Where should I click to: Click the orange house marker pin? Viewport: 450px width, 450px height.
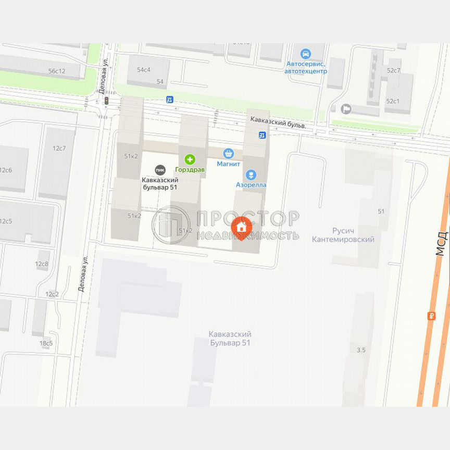pos(242,227)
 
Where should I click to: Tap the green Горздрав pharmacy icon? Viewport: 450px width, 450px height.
pos(190,159)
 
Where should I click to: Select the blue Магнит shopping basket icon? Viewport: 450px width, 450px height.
pos(228,153)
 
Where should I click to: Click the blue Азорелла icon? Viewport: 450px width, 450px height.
pos(251,174)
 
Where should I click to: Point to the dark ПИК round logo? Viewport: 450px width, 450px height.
pos(160,170)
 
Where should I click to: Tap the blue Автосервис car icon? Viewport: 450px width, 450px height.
pos(306,54)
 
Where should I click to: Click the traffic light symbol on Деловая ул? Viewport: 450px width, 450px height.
pos(106,101)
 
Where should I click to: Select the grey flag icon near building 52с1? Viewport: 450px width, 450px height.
pos(345,109)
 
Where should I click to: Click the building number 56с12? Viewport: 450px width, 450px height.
pos(57,71)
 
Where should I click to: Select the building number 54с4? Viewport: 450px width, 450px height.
pos(144,69)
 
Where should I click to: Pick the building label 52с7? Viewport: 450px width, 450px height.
pos(393,70)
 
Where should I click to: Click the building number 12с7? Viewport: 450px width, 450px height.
pos(59,148)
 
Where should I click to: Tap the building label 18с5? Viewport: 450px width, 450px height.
pos(46,343)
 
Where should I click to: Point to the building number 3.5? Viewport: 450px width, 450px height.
pos(361,350)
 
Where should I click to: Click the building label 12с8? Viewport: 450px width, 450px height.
pos(42,264)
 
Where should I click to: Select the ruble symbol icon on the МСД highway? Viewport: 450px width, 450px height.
pos(431,315)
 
